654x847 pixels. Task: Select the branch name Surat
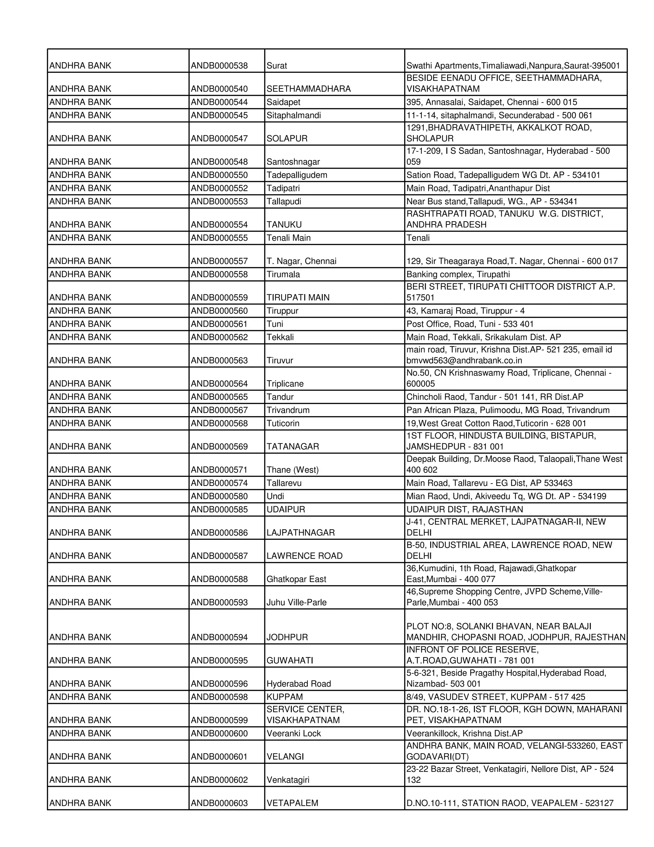tap(277, 66)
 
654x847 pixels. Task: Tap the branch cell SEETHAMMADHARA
tap(308, 89)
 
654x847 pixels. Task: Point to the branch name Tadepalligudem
tap(297, 175)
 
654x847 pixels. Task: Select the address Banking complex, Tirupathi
tap(458, 274)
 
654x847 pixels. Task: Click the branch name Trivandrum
tap(288, 410)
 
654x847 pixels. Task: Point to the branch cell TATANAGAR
tap(293, 447)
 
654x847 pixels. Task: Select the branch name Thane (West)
tap(293, 470)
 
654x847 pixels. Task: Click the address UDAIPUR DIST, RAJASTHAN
tap(465, 509)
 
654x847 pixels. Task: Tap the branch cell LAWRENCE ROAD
tap(305, 556)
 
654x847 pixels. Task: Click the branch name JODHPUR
tap(287, 637)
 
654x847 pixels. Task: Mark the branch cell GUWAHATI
tap(290, 660)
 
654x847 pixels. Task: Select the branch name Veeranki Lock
tap(294, 733)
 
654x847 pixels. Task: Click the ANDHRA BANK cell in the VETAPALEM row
tap(80, 803)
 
